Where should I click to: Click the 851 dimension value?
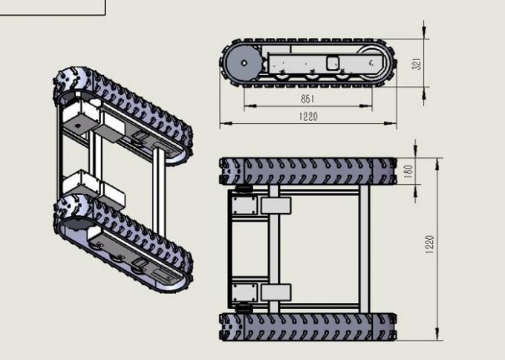[307, 99]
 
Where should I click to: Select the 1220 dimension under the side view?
[307, 117]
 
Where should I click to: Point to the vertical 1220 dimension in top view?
[430, 243]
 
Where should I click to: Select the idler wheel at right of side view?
[375, 63]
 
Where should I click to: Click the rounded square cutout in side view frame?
[333, 63]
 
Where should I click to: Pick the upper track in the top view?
[307, 171]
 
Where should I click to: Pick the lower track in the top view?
[307, 325]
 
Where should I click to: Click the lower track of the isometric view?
[126, 238]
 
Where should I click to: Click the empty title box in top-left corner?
[52, 7]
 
